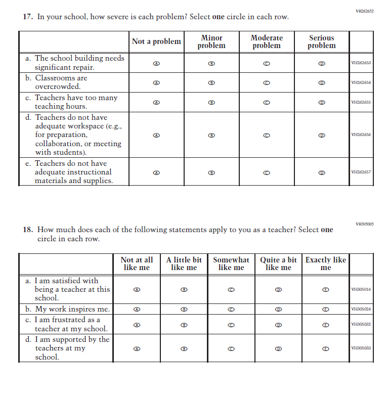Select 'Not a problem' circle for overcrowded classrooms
pos(156,82)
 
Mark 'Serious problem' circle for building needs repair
pos(321,63)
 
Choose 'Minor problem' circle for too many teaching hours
pos(212,102)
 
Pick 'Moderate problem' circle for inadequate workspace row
pos(267,136)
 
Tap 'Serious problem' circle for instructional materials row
pos(321,172)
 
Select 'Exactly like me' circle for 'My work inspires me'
pos(326,309)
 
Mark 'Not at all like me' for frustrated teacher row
pos(137,325)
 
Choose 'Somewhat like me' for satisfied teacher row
pos(231,290)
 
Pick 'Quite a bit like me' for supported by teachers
pos(278,348)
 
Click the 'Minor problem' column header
pos(211,41)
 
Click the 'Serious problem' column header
pos(321,41)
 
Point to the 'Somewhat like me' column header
pos(231,264)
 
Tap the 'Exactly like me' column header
pos(326,264)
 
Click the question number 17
pos(28,17)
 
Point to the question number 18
pos(28,230)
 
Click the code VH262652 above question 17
pos(364,11)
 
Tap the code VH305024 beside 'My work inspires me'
pos(361,309)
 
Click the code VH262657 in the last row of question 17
pos(361,172)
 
